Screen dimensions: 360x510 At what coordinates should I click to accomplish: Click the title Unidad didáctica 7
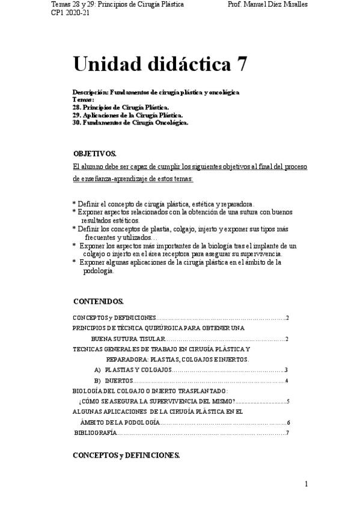pos(159,63)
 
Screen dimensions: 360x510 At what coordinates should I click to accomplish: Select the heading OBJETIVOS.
pos(94,154)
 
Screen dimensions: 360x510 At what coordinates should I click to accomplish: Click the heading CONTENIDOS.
pos(99,301)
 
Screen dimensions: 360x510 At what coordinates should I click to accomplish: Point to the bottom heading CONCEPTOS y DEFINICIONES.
pos(126,455)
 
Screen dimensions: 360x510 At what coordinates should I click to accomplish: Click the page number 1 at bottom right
pos(307,484)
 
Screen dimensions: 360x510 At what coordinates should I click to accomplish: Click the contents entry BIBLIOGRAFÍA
pos(96,432)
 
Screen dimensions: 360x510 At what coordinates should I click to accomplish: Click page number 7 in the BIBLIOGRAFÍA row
pos(288,432)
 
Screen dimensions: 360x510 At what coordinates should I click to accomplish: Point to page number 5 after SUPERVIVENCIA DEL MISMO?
pos(288,401)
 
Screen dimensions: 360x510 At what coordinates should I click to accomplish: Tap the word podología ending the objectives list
pos(98,270)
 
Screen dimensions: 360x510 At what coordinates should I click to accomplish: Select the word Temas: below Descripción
pos(83,99)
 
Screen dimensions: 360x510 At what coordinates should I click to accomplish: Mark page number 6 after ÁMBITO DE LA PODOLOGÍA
pos(288,422)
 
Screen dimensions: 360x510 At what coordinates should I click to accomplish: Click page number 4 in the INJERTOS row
pos(287,381)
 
